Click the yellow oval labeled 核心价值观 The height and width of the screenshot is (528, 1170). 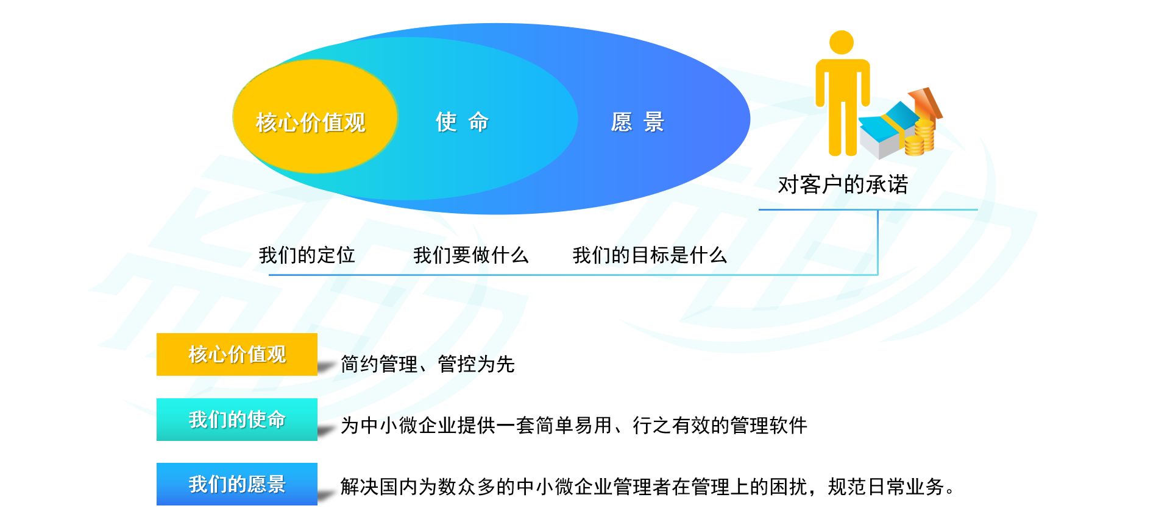(x=315, y=116)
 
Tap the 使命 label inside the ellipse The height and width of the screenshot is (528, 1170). (x=463, y=122)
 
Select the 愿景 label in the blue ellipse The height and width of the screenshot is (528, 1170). (x=637, y=122)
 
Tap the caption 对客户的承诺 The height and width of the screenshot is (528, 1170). (x=843, y=184)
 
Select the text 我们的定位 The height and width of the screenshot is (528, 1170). (x=307, y=255)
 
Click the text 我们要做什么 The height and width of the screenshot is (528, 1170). (x=470, y=255)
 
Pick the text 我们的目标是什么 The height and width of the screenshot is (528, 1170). (x=650, y=255)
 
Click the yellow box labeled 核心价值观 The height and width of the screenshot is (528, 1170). (x=237, y=354)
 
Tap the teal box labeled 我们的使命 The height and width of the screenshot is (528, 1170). (x=237, y=420)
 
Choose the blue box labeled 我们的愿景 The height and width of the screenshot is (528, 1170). (x=237, y=484)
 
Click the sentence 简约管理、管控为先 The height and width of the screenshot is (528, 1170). (x=428, y=364)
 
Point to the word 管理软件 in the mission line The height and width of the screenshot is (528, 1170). (x=769, y=425)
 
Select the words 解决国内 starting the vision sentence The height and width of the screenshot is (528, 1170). (x=379, y=487)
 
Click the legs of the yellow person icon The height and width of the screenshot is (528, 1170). (x=843, y=128)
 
